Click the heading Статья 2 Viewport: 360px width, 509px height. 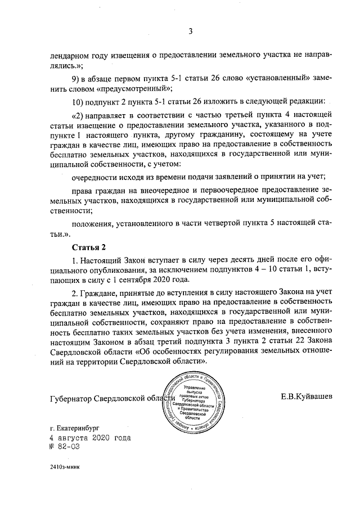89,247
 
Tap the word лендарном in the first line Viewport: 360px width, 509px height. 71,55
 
